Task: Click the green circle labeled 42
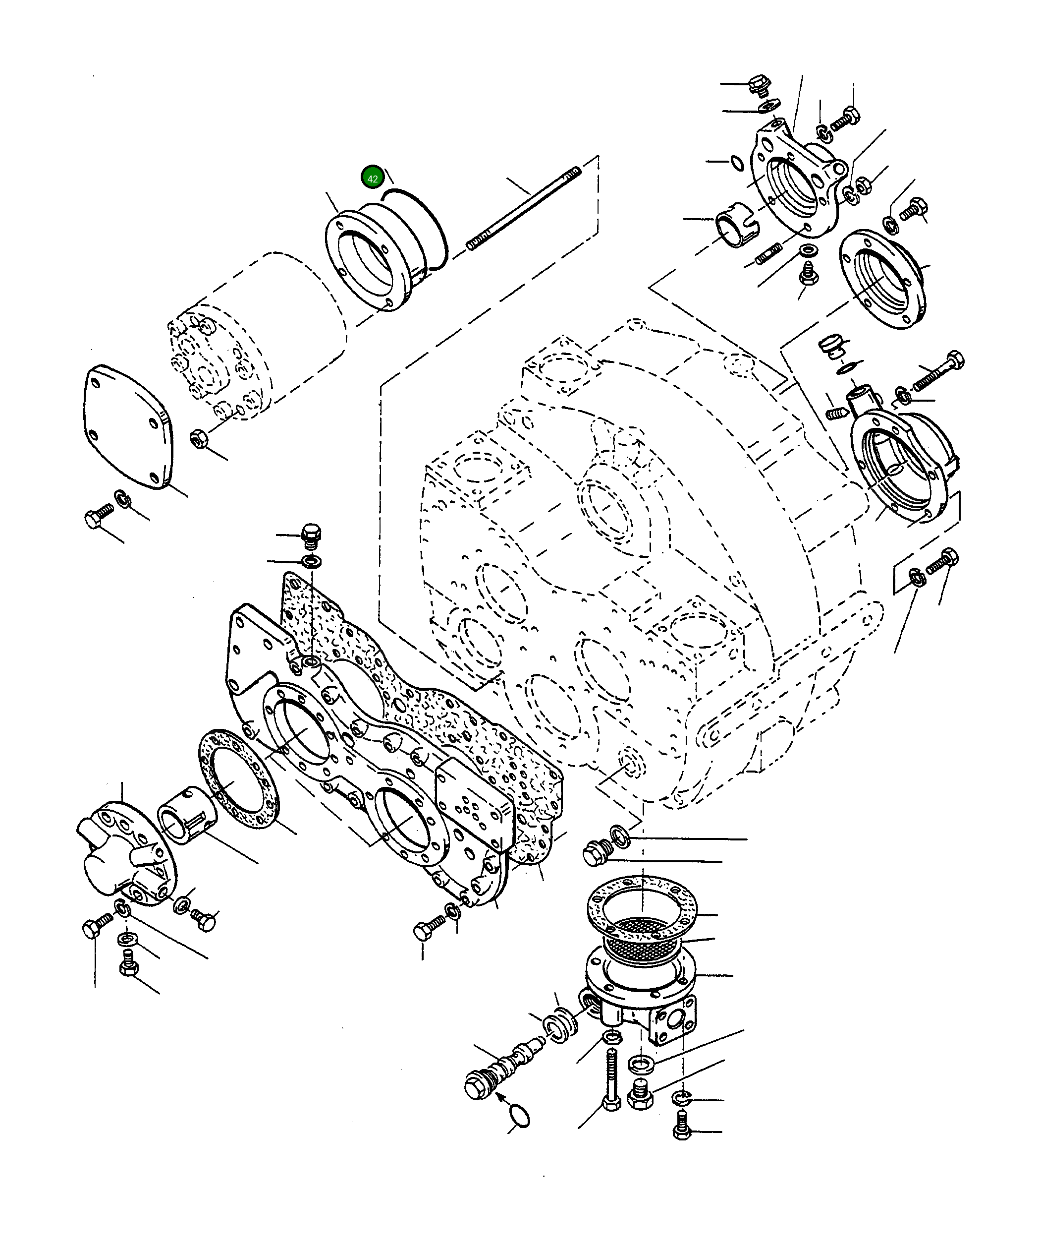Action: point(372,178)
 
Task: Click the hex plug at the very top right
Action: point(759,85)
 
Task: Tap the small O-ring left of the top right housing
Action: point(737,163)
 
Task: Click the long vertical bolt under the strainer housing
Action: point(610,1081)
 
